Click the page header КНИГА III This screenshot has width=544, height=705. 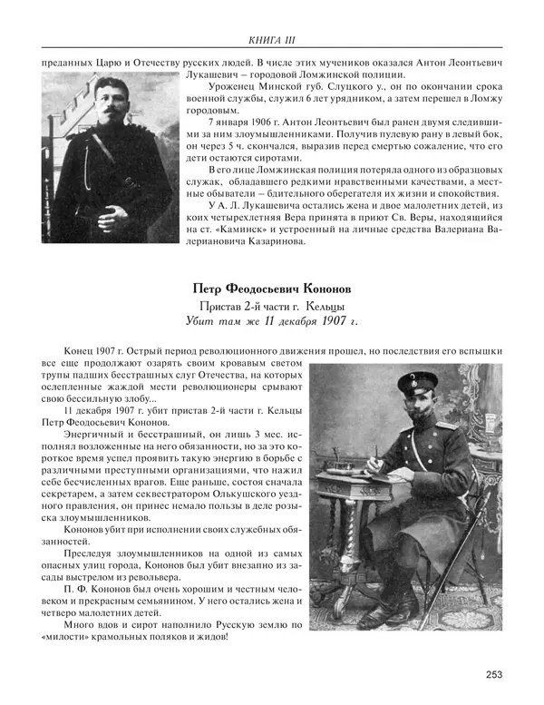pos(272,39)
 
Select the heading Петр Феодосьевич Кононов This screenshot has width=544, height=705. pos(273,289)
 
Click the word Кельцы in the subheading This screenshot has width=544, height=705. pos(324,306)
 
